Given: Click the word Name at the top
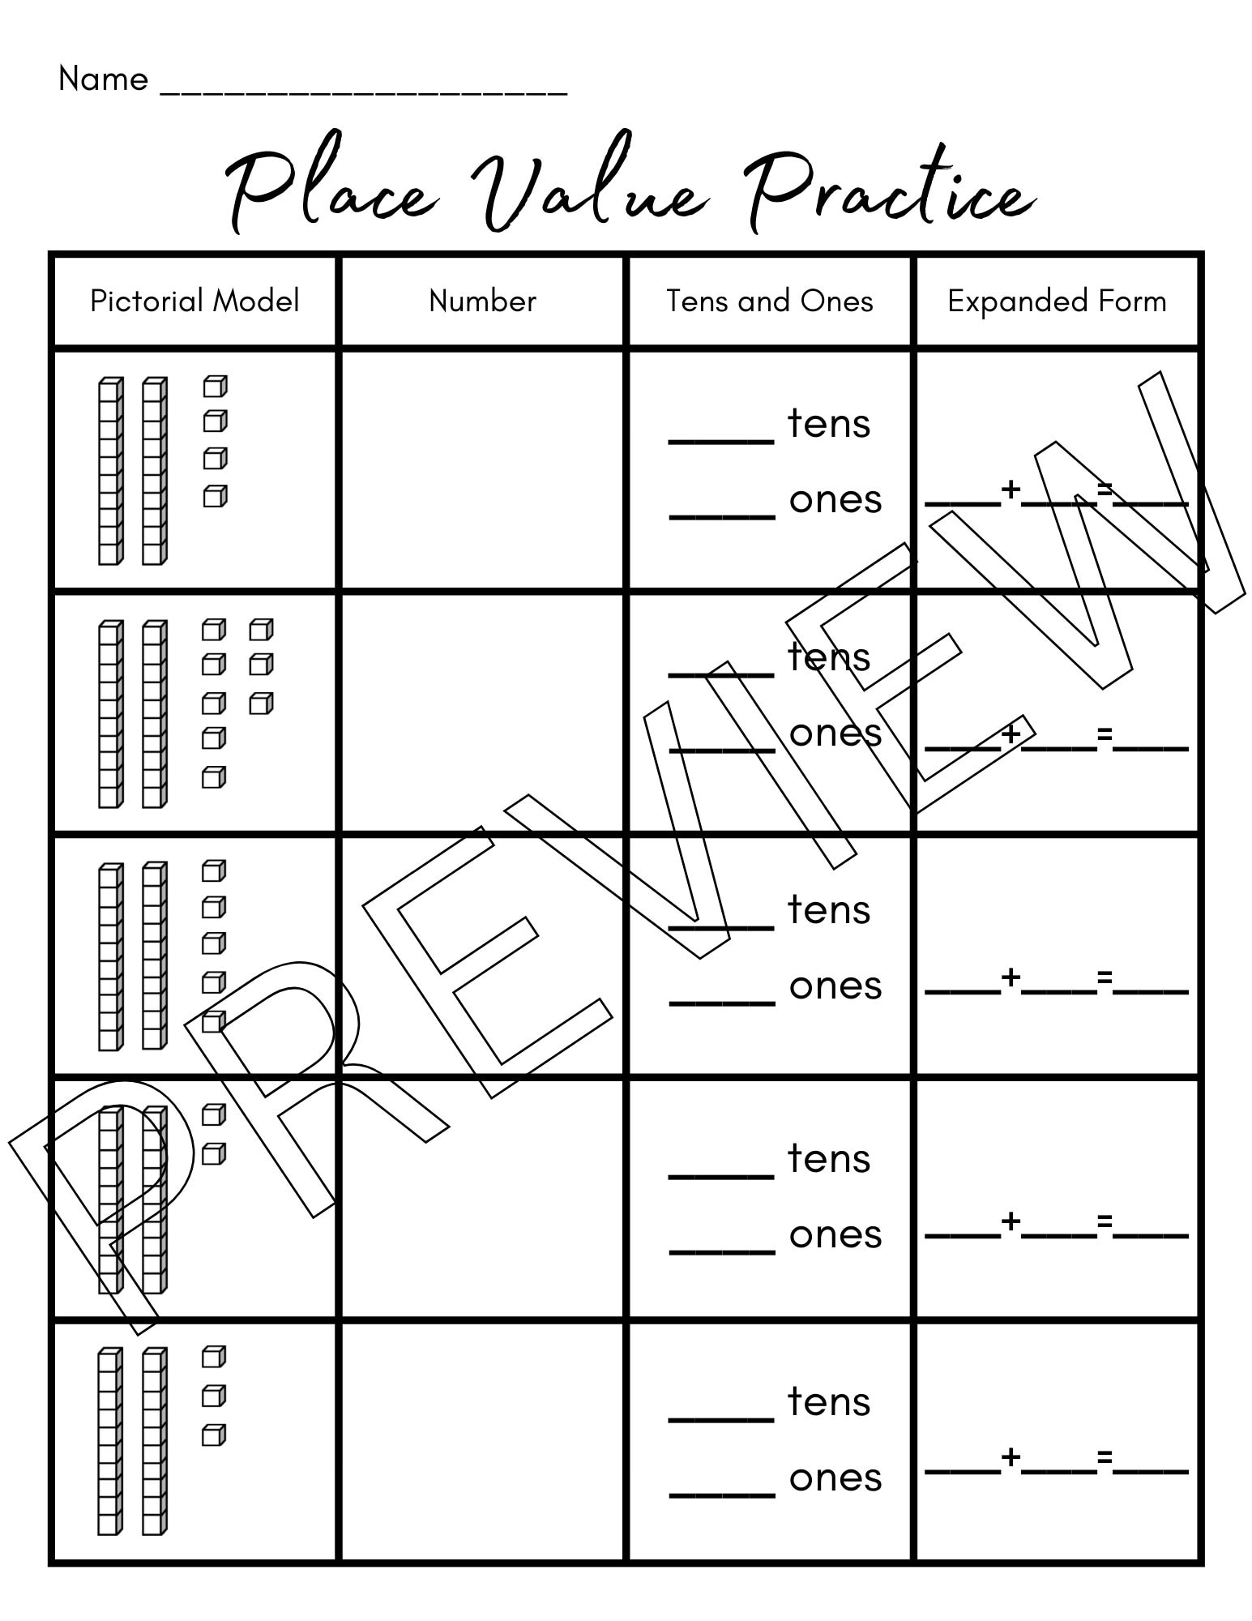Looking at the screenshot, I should pos(103,79).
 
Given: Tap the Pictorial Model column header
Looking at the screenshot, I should pos(194,302).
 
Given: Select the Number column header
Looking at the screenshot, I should pos(482,302).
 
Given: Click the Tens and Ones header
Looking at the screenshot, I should pos(769,302).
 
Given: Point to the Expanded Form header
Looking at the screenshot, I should pos(1057,302).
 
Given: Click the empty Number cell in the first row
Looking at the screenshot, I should pos(482,470).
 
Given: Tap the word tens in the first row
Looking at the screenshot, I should pos(829,423).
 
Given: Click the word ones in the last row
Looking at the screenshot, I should pos(835,1478).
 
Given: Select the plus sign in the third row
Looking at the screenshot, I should pos(1011,977).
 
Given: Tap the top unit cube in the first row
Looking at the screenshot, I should pos(215,387).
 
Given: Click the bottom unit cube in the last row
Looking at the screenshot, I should pos(213,1435).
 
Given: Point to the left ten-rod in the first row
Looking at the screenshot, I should pos(110,470).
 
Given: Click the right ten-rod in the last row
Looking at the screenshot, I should pos(154,1441).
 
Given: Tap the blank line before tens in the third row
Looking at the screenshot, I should pos(721,926).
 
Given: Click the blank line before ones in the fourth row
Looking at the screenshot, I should pos(721,1252).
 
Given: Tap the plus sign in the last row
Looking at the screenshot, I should pos(1011,1457).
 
